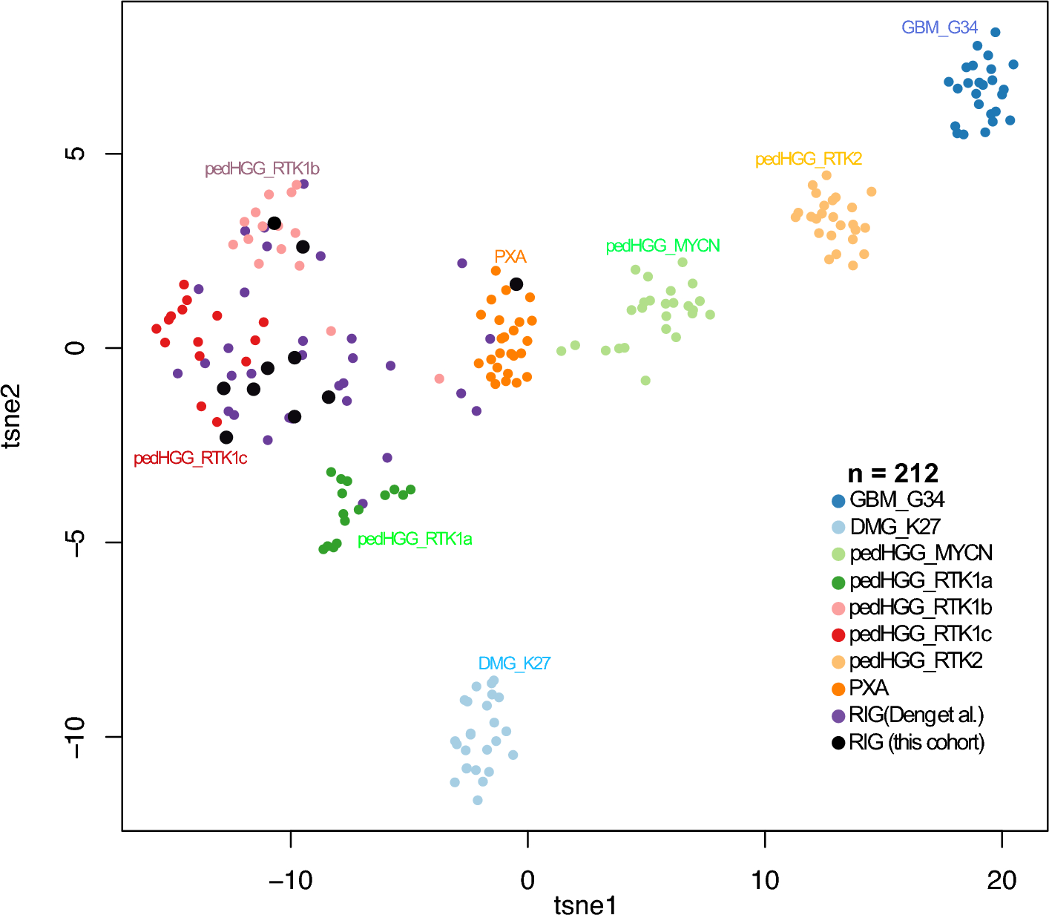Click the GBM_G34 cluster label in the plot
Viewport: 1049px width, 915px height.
pyautogui.click(x=939, y=27)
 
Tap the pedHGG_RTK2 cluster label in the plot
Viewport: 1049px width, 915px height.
pyautogui.click(x=808, y=159)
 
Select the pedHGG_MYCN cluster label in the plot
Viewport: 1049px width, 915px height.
pyautogui.click(x=662, y=246)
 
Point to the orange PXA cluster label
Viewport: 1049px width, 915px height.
pyautogui.click(x=510, y=257)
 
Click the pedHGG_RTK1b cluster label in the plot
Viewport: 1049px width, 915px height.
pyautogui.click(x=262, y=169)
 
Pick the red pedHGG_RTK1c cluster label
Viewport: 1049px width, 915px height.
pyautogui.click(x=190, y=459)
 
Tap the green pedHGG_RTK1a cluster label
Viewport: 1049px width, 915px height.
pyautogui.click(x=415, y=539)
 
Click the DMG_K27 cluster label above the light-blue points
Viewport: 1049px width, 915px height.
pyautogui.click(x=514, y=663)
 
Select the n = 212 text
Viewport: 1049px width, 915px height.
pyautogui.click(x=893, y=473)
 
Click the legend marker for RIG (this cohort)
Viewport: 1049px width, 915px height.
pyautogui.click(x=838, y=742)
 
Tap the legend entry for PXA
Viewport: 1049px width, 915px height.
pyautogui.click(x=869, y=688)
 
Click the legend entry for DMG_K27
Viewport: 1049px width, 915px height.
pyautogui.click(x=895, y=527)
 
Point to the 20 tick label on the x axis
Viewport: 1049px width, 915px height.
pyautogui.click(x=1002, y=880)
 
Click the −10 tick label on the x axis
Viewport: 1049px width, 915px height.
pyautogui.click(x=290, y=880)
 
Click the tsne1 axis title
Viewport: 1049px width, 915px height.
pyautogui.click(x=585, y=905)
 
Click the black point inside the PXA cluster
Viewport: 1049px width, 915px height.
pyautogui.click(x=516, y=284)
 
